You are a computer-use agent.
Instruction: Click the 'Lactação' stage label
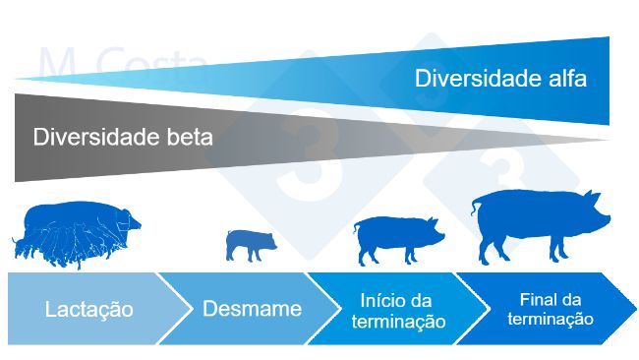coord(89,310)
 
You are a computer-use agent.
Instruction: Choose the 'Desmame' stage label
coord(252,309)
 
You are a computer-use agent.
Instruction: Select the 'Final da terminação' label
coord(556,309)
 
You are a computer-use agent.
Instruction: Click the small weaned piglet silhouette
coord(250,243)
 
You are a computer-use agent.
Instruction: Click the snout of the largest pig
coord(607,219)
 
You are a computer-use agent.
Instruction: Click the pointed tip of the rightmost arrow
coord(633,308)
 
